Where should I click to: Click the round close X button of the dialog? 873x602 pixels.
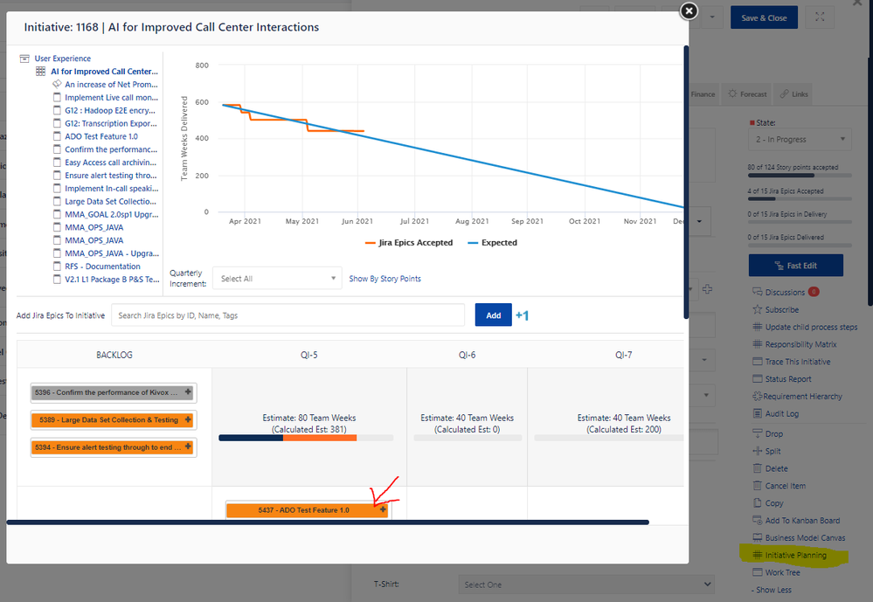[x=689, y=11]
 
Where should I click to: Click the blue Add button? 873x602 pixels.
[x=493, y=315]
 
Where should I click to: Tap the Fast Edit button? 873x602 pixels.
[x=795, y=265]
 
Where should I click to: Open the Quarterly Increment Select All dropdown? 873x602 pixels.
[x=276, y=279]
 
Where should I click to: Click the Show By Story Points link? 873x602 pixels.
[x=385, y=279]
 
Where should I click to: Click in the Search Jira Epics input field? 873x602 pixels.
[x=288, y=315]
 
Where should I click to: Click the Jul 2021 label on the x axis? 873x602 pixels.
[x=413, y=222]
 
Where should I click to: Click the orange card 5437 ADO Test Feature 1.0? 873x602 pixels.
[x=303, y=510]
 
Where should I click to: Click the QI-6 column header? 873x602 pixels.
[x=467, y=356]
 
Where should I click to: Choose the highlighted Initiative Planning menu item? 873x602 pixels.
[x=795, y=555]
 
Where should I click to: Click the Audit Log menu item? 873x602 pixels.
[x=781, y=414]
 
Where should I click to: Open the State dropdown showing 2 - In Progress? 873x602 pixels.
[x=800, y=140]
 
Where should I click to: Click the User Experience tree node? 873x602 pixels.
[x=62, y=59]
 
